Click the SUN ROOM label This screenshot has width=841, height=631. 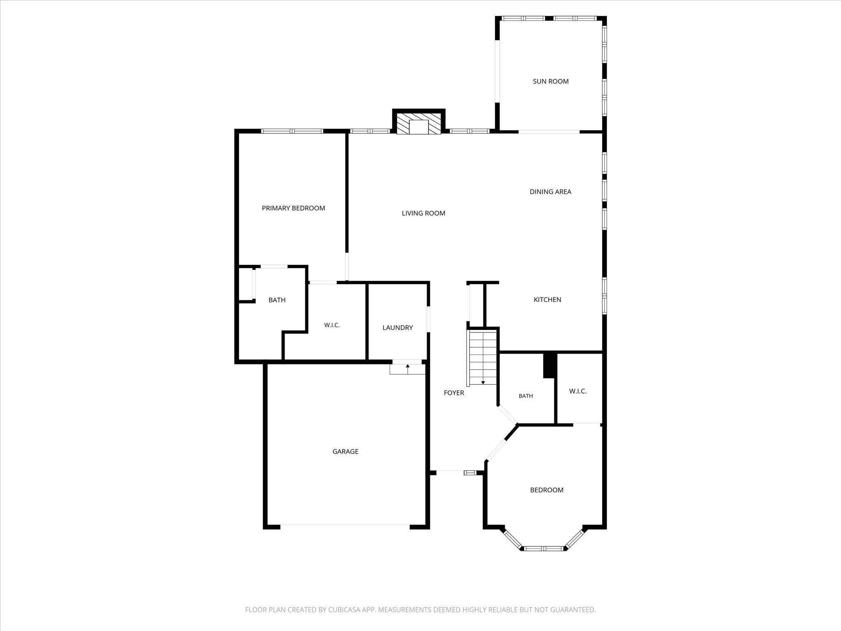[551, 81]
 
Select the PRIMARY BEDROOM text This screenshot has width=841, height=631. [293, 208]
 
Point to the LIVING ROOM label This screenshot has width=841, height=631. [423, 213]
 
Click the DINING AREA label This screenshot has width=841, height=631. [550, 192]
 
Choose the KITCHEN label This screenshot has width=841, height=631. [547, 300]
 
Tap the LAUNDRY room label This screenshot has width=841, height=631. [398, 328]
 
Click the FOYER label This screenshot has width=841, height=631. [454, 393]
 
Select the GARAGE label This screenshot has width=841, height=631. [345, 451]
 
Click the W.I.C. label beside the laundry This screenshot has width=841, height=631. [332, 325]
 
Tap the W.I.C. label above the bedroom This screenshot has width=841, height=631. [578, 391]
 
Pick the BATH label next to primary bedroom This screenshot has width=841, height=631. [277, 300]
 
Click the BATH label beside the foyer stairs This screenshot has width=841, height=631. [526, 396]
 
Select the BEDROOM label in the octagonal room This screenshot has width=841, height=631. [547, 490]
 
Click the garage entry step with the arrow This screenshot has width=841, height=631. [407, 369]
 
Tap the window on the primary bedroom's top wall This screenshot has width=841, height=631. [292, 131]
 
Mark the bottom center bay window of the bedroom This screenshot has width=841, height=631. [544, 548]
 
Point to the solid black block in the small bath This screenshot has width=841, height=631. [549, 365]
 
